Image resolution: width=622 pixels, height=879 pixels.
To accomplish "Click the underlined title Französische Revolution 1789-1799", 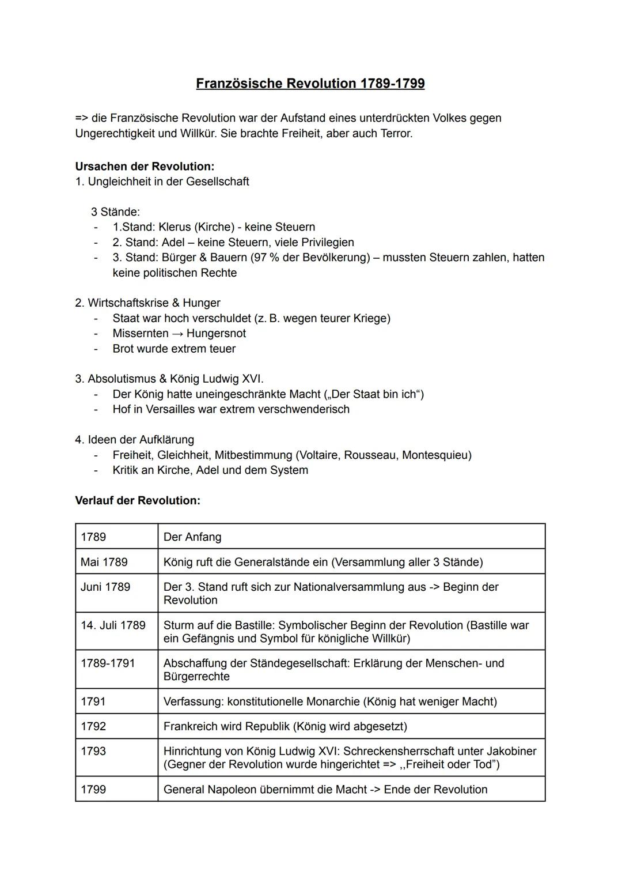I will (x=310, y=84).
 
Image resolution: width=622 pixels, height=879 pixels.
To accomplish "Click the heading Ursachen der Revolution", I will (x=145, y=167).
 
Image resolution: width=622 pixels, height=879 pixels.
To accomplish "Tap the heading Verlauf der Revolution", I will (x=138, y=500).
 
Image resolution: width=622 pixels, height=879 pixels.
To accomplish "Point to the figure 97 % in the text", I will (x=267, y=258).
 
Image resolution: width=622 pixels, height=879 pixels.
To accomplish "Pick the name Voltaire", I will (x=318, y=455).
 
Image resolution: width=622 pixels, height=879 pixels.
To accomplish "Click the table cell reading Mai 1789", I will (x=104, y=562).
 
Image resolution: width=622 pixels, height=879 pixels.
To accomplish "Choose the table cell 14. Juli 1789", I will (x=113, y=625).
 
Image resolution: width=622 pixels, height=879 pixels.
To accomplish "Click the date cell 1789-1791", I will (x=108, y=663).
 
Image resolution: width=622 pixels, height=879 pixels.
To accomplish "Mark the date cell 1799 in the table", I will (x=93, y=790).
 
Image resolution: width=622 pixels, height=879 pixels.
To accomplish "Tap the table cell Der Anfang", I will (x=192, y=537).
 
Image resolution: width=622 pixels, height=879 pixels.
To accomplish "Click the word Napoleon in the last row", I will (x=230, y=790).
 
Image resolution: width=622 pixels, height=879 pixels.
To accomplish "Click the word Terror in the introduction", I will (x=396, y=134).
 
